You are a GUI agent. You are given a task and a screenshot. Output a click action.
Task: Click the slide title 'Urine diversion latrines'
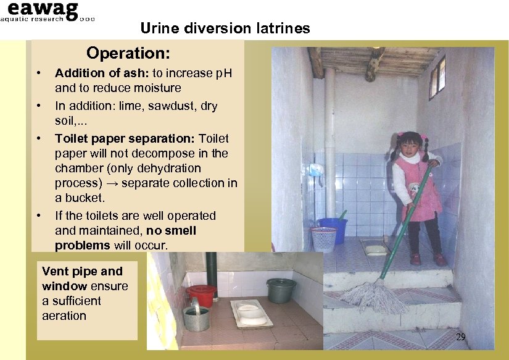225,28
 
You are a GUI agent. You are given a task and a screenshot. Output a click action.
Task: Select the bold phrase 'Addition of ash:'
94,73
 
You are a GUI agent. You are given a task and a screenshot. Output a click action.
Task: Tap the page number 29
460,337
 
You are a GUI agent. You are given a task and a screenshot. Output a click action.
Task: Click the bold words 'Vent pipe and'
82,271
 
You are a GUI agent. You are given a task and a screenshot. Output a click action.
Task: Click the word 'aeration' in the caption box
64,316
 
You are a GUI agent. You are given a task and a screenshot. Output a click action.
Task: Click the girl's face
410,148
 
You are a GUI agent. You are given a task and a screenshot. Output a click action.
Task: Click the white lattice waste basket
324,238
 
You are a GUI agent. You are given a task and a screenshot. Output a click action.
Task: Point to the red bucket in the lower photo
201,295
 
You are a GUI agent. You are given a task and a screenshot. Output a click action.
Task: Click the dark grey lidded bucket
281,290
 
